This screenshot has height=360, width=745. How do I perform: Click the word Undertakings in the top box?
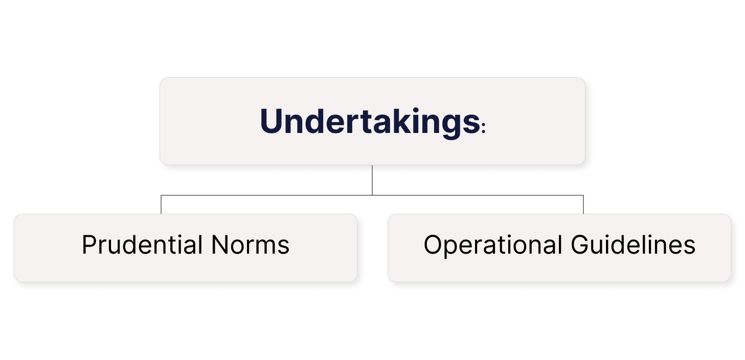369,122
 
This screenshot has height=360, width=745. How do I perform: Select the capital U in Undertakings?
272,122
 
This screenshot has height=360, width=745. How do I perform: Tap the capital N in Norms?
218,245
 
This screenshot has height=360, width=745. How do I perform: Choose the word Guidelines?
633,245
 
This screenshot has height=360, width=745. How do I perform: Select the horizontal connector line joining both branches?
266,195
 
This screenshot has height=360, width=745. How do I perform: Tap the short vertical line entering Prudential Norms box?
161,205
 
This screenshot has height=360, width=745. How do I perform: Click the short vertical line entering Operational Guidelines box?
583,205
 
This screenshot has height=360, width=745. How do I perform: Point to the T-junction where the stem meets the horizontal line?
372,195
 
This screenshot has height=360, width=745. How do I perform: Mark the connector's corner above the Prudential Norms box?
161,195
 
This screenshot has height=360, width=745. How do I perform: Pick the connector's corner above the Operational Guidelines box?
583,195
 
